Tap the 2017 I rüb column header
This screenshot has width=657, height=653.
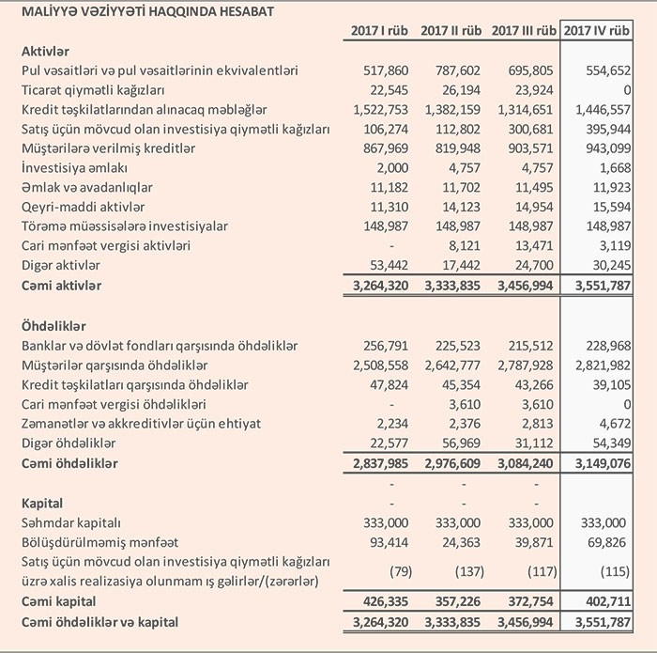tap(381, 31)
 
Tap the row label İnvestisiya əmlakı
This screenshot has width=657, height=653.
tap(76, 169)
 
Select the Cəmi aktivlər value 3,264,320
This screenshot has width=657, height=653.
tap(382, 284)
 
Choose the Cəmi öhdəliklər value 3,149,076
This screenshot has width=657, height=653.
tap(597, 463)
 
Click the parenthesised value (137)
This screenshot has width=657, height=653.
tap(466, 571)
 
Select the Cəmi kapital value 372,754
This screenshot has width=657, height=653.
tap(527, 600)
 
